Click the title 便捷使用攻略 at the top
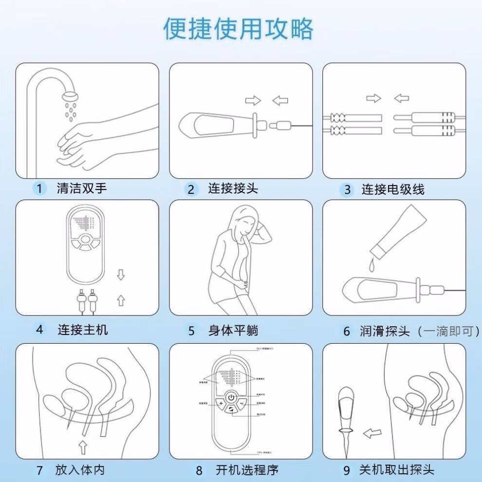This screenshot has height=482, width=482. tap(238, 29)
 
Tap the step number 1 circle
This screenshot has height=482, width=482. tap(39, 188)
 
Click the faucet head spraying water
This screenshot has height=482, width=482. tap(72, 96)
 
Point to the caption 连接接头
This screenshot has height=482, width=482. tap(233, 188)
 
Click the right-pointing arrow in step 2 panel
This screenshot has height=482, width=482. tap(253, 101)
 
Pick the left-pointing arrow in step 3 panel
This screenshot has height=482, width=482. tap(401, 99)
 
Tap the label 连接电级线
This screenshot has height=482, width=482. tap(392, 189)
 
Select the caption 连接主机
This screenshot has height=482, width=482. tap(83, 330)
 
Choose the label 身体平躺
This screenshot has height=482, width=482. tap(233, 331)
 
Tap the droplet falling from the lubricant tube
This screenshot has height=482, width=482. tap(372, 266)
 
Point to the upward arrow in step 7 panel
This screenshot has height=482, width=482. tap(83, 446)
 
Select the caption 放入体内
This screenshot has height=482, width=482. tap(80, 470)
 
